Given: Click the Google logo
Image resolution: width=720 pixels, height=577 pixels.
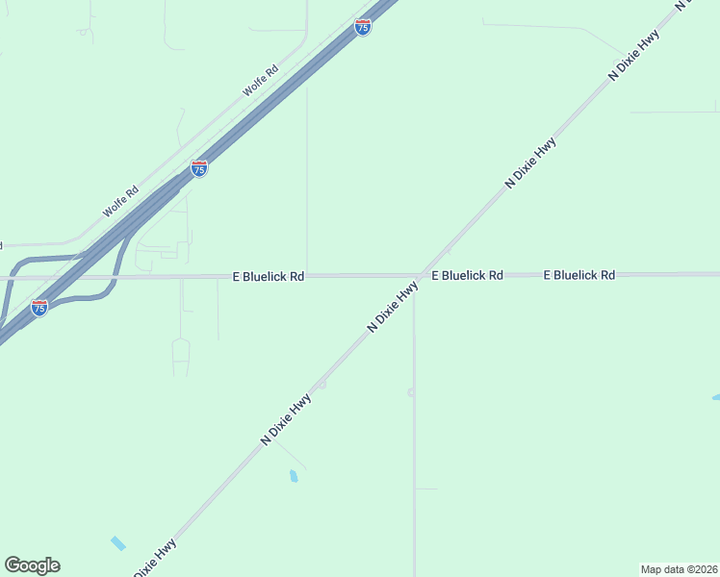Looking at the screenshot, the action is tap(32, 565).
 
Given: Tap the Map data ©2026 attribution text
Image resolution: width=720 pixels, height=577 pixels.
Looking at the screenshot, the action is tap(679, 568).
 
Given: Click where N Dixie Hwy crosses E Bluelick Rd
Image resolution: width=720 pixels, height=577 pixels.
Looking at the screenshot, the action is tap(420, 275).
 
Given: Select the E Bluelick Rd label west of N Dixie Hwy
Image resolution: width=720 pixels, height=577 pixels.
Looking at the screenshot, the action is tap(269, 276).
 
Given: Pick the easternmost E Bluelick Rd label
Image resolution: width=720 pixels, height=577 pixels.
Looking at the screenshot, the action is tap(579, 275).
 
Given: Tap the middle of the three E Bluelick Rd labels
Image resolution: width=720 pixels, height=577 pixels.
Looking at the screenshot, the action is tap(467, 275).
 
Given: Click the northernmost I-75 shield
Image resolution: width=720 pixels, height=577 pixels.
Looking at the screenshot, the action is tap(362, 27).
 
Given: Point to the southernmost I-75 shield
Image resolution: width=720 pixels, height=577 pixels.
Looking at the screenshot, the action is tap(39, 308).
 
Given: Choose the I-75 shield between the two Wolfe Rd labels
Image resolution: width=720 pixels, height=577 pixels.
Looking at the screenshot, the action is tap(199, 169).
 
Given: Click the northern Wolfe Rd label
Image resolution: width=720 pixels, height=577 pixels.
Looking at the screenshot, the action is tap(260, 80).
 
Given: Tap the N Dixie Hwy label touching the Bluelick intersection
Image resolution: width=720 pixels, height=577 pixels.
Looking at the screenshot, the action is tap(392, 308).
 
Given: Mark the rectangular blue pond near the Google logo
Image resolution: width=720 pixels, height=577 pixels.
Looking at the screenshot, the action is tap(117, 543).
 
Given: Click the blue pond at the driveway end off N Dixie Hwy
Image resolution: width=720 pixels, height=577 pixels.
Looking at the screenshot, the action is tap(293, 475).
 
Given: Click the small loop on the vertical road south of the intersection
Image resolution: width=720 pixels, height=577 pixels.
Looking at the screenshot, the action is tap(411, 391).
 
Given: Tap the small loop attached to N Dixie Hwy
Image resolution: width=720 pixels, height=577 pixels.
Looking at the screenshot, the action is tap(322, 384).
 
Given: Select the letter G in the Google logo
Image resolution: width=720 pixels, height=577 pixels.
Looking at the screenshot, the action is tap(13, 565).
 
